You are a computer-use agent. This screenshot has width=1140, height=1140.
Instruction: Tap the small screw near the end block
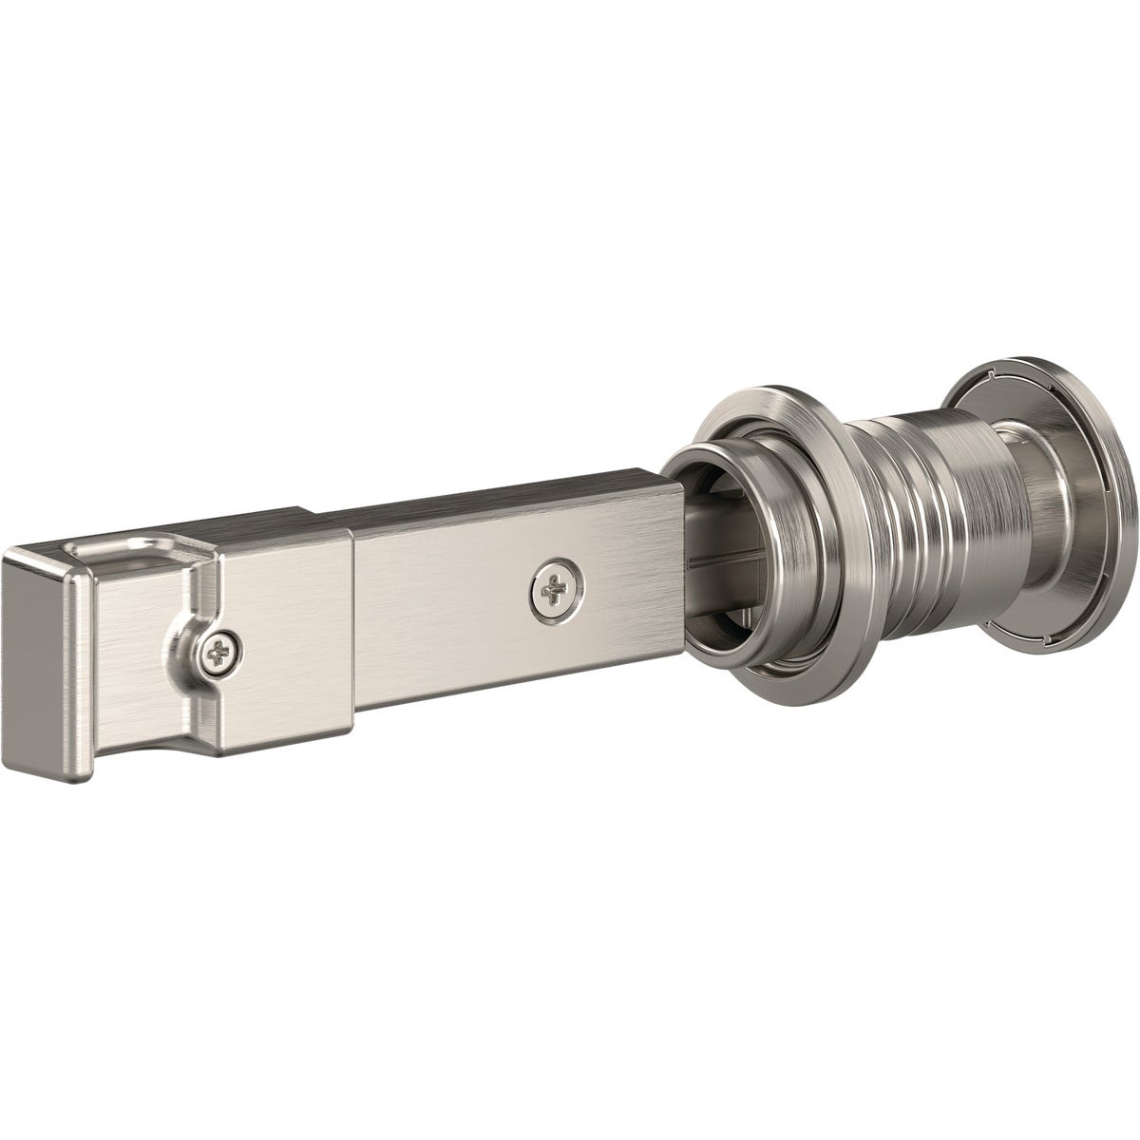click(218, 653)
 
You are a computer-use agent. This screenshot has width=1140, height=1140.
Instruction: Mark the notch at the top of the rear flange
click(988, 371)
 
